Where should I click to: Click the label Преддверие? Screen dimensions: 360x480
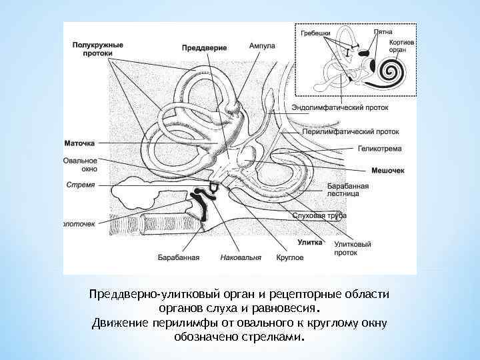click(205, 48)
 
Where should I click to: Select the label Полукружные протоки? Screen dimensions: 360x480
click(97, 48)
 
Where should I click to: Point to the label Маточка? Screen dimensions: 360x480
click(79, 143)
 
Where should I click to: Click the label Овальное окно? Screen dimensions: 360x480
click(80, 165)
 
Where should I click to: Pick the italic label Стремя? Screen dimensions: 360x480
click(80, 185)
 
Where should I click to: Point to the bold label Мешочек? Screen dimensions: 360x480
click(387, 171)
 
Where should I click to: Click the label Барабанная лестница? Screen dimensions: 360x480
click(343, 189)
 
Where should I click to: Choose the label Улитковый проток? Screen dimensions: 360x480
click(353, 249)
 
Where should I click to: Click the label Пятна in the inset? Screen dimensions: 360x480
click(383, 31)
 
